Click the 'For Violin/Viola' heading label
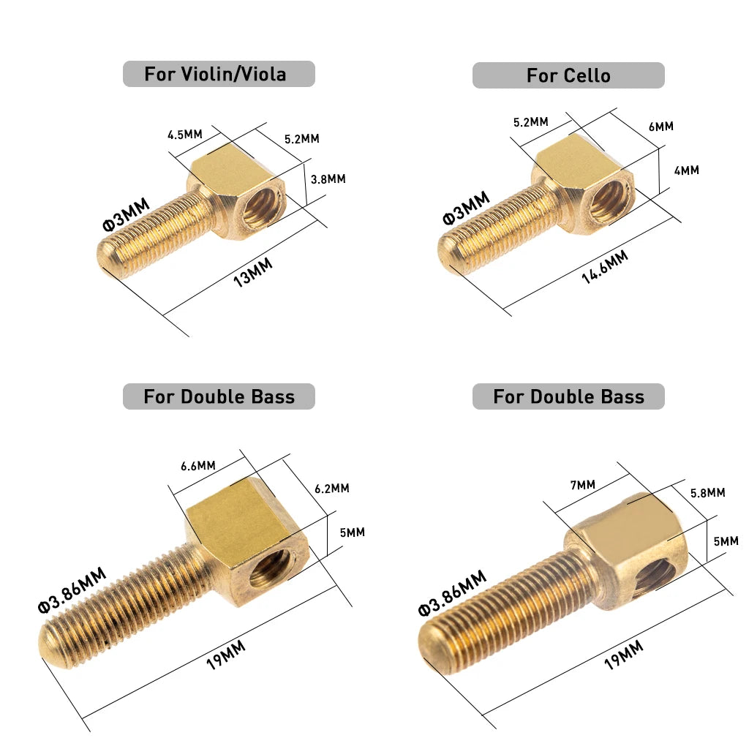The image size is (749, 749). point(216,74)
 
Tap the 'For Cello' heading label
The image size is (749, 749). point(568,75)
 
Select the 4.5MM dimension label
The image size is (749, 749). point(185,135)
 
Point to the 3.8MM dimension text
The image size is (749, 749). point(328,179)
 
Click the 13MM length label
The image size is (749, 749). point(252,272)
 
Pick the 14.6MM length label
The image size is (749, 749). point(605,267)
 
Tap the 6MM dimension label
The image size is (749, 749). point(661,127)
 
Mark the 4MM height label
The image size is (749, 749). point(686,170)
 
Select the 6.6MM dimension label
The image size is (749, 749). point(198,465)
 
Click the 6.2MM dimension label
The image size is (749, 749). point(332,488)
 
